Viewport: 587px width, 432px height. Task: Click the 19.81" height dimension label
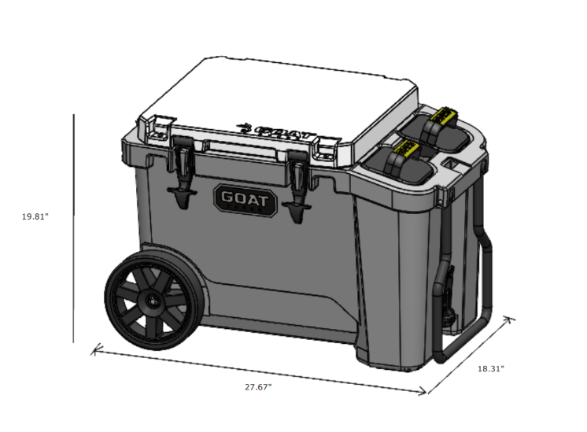point(35,216)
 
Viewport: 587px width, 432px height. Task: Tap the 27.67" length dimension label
point(258,387)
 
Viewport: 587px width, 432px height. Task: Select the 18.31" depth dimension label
point(491,369)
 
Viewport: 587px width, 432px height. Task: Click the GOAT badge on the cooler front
point(246,200)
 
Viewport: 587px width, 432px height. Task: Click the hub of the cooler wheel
point(153,301)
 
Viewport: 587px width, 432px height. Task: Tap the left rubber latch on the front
point(183,172)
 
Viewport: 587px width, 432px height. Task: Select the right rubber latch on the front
point(297,186)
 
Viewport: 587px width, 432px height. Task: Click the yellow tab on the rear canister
point(442,115)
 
